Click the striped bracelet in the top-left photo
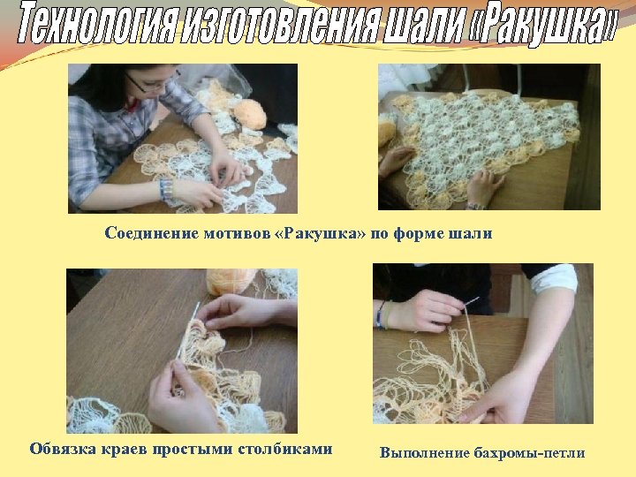tap(165, 189)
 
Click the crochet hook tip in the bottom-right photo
tap(474, 300)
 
